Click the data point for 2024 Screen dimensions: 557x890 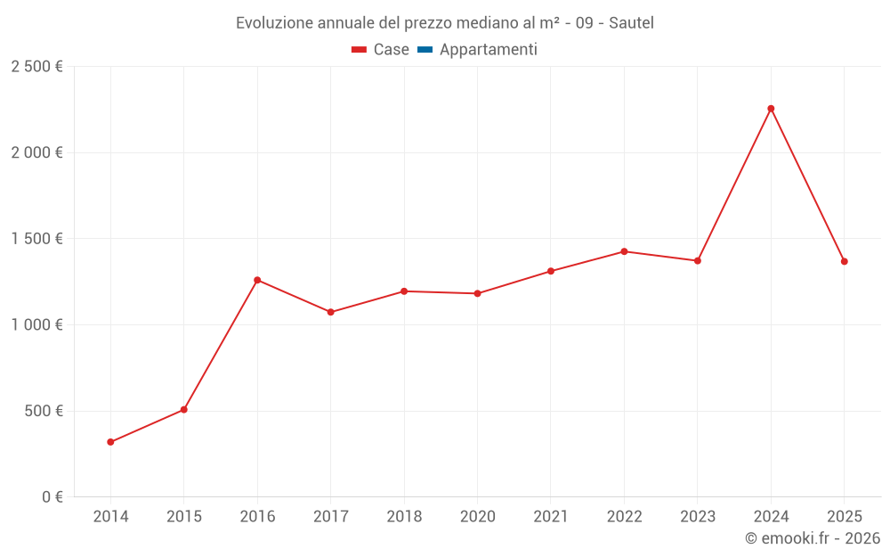(771, 109)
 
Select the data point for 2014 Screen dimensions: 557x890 (110, 442)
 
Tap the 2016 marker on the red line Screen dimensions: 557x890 (257, 280)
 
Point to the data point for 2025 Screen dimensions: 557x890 (845, 261)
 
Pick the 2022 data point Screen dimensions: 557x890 (624, 251)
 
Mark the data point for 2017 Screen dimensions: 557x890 (330, 312)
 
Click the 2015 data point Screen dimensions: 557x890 (184, 410)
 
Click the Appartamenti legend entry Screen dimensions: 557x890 (488, 50)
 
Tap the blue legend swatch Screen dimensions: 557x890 (425, 50)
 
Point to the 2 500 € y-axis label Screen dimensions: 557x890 (36, 67)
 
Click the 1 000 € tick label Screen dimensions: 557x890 (36, 325)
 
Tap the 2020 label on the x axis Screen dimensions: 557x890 (477, 517)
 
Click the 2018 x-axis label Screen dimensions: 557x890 (404, 517)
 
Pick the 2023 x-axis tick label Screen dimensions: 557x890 (697, 517)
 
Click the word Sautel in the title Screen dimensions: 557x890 (631, 23)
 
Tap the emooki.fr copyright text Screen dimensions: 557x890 (812, 538)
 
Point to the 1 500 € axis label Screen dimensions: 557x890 (36, 239)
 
